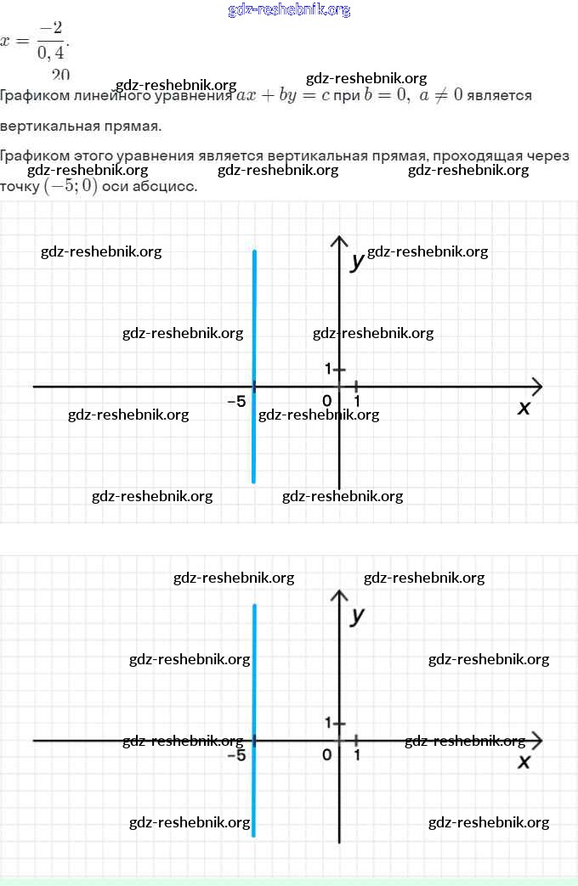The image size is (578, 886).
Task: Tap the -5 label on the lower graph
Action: coord(237,754)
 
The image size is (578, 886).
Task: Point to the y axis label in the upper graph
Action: coord(358,261)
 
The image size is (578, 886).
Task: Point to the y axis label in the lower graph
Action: coord(358,615)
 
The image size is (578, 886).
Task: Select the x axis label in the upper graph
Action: coord(524,408)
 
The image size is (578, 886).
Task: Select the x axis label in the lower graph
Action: coord(524,762)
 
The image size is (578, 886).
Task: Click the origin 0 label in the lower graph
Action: coord(327,754)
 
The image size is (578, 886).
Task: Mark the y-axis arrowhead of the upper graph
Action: coord(339,240)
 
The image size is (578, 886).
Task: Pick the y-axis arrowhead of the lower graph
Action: coord(339,594)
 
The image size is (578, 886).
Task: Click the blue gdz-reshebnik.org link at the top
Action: coord(289,10)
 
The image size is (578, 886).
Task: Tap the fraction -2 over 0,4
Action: coord(50,42)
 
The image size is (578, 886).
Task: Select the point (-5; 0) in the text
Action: coord(71,187)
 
